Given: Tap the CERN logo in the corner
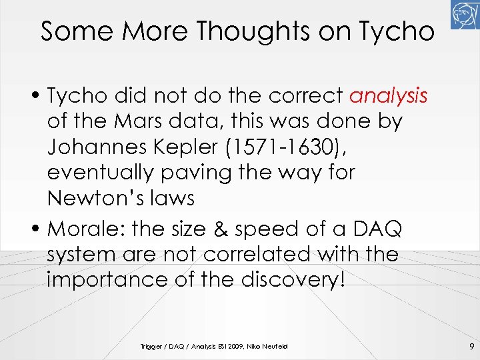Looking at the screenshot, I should pyautogui.click(x=465, y=15).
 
